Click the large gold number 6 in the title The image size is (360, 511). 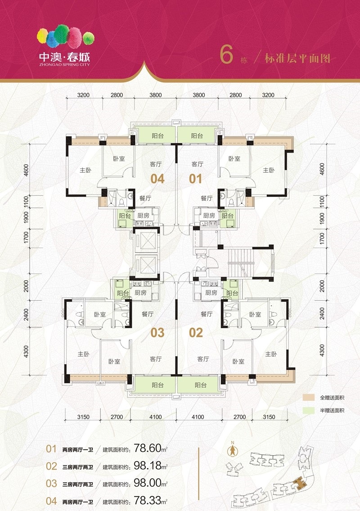226,54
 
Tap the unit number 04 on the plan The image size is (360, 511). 157,179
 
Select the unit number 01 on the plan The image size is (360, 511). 195,179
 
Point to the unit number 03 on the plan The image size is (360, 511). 157,333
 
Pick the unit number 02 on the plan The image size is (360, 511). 196,333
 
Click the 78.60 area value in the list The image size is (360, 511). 148,448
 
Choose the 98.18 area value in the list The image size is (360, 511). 148,466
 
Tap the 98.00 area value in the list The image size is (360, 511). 148,483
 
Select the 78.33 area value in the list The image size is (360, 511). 148,500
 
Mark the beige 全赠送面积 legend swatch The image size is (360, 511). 309,397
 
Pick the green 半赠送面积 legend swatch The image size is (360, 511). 309,410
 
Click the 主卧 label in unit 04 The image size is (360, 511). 85,170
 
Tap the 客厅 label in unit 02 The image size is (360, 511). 203,359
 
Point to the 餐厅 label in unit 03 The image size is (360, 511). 148,314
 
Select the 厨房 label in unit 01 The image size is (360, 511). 209,215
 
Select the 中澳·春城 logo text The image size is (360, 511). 64,57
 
